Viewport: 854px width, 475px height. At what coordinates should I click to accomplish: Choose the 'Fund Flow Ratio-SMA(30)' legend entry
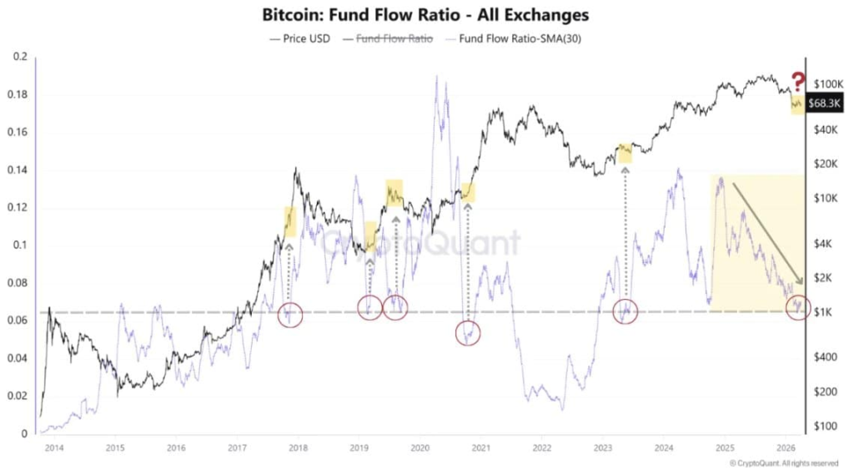[509, 38]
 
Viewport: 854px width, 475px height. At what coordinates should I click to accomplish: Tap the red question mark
[798, 82]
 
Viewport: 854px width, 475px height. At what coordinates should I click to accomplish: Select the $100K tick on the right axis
[830, 84]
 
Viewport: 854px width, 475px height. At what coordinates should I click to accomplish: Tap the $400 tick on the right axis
[827, 356]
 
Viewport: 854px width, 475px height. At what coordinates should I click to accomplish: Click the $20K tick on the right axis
[827, 164]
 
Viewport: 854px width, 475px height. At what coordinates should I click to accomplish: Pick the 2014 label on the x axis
[54, 448]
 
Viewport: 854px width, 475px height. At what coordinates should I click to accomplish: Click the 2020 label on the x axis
[419, 448]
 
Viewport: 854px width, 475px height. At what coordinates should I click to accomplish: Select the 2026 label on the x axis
[784, 448]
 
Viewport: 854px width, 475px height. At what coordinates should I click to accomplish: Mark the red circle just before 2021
[469, 332]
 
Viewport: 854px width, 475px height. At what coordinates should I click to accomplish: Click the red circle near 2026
[798, 307]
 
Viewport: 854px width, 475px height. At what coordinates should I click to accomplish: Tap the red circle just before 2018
[289, 315]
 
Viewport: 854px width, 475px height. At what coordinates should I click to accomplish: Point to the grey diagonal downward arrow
[766, 233]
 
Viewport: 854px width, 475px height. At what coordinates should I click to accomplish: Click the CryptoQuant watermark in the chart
[420, 244]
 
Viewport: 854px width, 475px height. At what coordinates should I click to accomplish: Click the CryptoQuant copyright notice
[784, 463]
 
